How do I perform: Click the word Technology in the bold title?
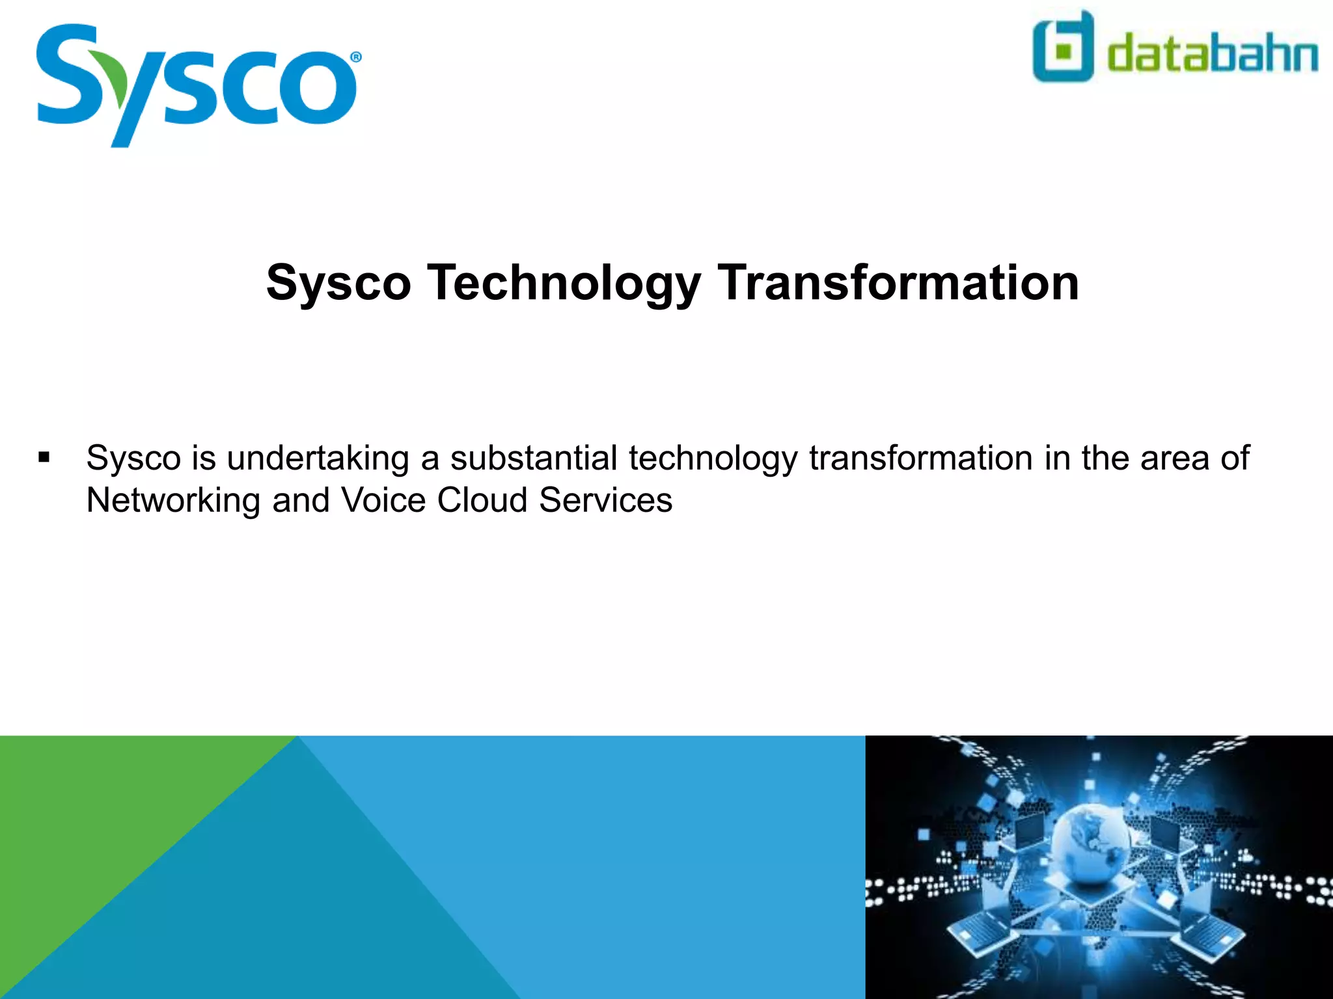click(564, 284)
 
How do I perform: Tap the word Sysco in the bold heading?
click(338, 284)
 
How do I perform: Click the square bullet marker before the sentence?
click(44, 457)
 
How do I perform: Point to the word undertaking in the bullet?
click(318, 458)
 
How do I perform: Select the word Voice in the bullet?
click(383, 500)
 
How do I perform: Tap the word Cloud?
click(482, 500)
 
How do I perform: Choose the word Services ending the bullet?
click(605, 500)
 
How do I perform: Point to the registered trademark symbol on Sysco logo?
click(356, 57)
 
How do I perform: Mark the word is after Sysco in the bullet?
click(204, 458)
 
